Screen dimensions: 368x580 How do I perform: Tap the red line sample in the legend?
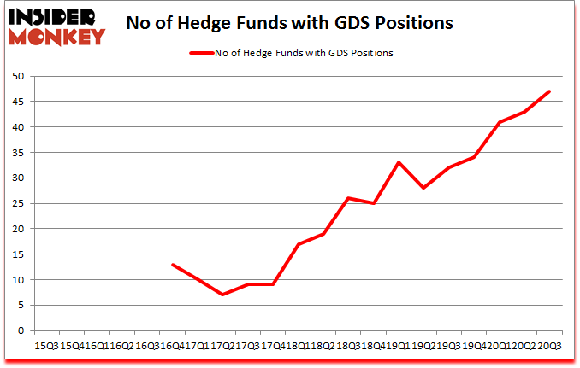(x=205, y=53)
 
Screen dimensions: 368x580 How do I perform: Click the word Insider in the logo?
(x=54, y=15)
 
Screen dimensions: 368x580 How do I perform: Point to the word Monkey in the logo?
(x=56, y=35)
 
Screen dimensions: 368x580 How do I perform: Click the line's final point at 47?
(x=548, y=91)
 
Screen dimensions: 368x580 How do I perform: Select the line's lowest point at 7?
(x=222, y=295)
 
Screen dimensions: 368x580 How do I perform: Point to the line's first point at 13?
(x=173, y=265)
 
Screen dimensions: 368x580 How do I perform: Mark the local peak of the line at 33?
(x=398, y=162)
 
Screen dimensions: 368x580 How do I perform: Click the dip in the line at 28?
(x=423, y=188)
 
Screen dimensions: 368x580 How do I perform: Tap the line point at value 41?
(x=498, y=122)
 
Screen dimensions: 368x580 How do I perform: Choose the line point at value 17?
(x=298, y=244)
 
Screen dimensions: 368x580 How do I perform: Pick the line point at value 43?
(x=524, y=112)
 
